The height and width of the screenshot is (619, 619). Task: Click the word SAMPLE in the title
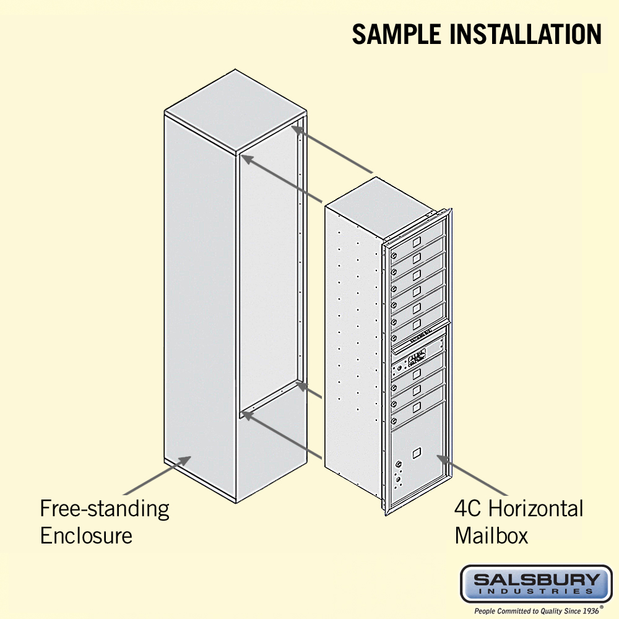(x=396, y=34)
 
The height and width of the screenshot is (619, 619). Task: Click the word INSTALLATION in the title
(x=526, y=34)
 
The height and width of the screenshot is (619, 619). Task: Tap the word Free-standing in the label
(x=105, y=509)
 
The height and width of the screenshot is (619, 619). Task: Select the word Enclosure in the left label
(x=86, y=535)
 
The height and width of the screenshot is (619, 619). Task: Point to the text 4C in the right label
(x=468, y=508)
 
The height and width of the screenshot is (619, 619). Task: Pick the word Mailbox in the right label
(x=491, y=535)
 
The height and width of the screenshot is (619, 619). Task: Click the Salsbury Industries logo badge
(x=536, y=584)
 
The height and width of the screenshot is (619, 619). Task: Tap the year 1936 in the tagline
(x=590, y=611)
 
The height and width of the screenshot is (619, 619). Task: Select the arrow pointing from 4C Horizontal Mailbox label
(x=472, y=475)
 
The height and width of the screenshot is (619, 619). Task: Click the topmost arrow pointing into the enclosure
(x=332, y=149)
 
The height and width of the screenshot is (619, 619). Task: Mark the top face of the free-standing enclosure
(x=236, y=111)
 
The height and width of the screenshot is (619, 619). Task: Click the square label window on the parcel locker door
(x=417, y=453)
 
